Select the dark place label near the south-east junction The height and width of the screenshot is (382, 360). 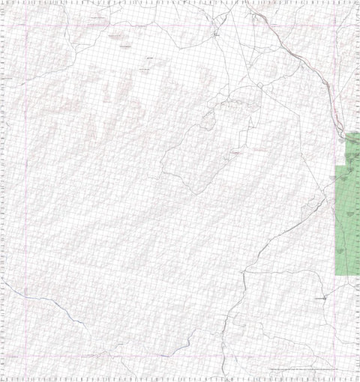(x=320, y=298)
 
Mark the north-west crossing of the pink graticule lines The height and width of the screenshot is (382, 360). (x=27, y=26)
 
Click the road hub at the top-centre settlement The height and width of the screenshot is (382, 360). (x=215, y=34)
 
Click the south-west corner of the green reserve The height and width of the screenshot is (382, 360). (x=334, y=276)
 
